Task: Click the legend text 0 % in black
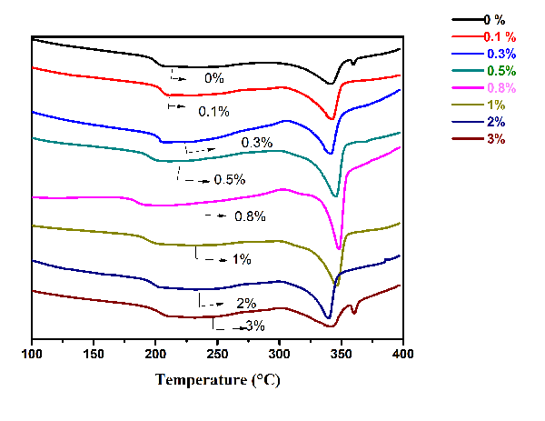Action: tap(494, 19)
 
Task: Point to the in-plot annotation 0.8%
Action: tap(249, 216)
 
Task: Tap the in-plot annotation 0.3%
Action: tap(257, 143)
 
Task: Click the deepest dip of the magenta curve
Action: tap(339, 248)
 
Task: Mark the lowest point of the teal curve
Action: tap(335, 195)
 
